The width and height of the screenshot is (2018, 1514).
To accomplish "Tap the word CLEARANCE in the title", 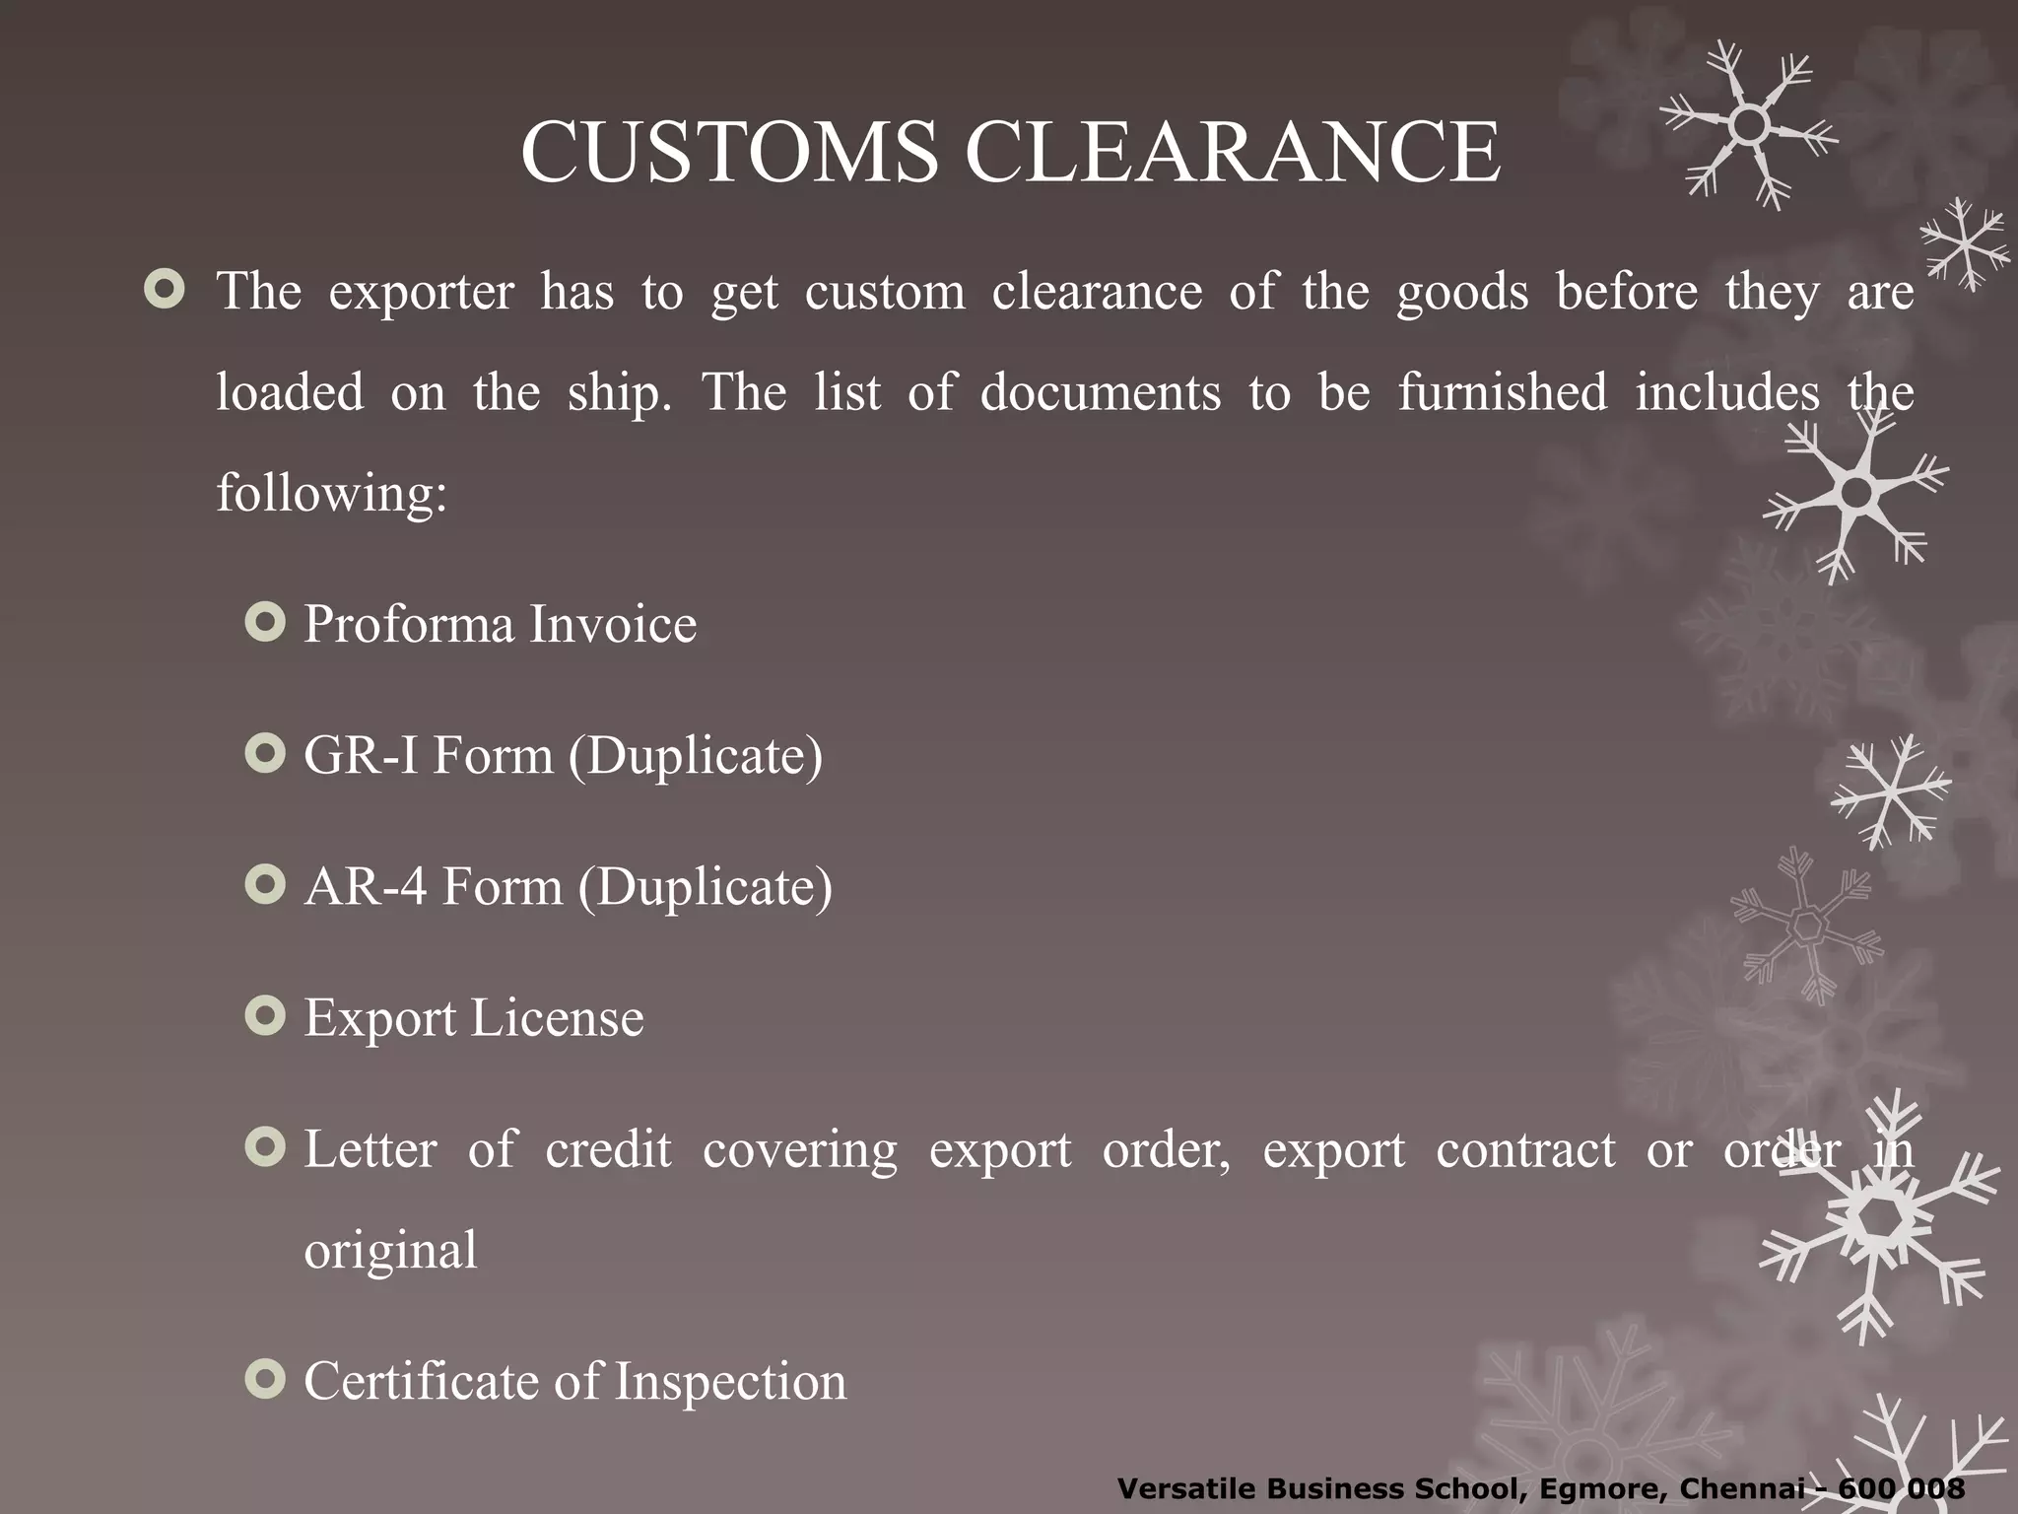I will tap(1232, 153).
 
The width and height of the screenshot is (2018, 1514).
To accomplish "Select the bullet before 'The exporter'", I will tap(164, 290).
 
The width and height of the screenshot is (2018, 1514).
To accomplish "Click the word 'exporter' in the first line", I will tap(421, 293).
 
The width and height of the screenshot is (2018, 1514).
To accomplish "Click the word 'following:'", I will tap(332, 493).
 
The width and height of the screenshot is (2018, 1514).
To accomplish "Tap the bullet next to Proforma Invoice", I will tap(265, 623).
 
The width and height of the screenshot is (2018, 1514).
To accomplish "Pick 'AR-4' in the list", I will tap(365, 887).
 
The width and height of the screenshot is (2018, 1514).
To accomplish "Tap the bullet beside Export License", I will tap(265, 1016).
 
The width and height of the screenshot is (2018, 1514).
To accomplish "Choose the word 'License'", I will tap(557, 1018).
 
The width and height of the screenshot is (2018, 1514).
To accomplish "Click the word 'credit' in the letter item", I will tap(608, 1149).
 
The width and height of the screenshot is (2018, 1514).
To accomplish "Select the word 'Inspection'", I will tap(730, 1382).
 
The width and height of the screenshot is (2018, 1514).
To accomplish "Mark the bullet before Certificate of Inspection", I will tap(265, 1380).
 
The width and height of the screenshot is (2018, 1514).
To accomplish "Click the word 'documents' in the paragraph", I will tap(1101, 393).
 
